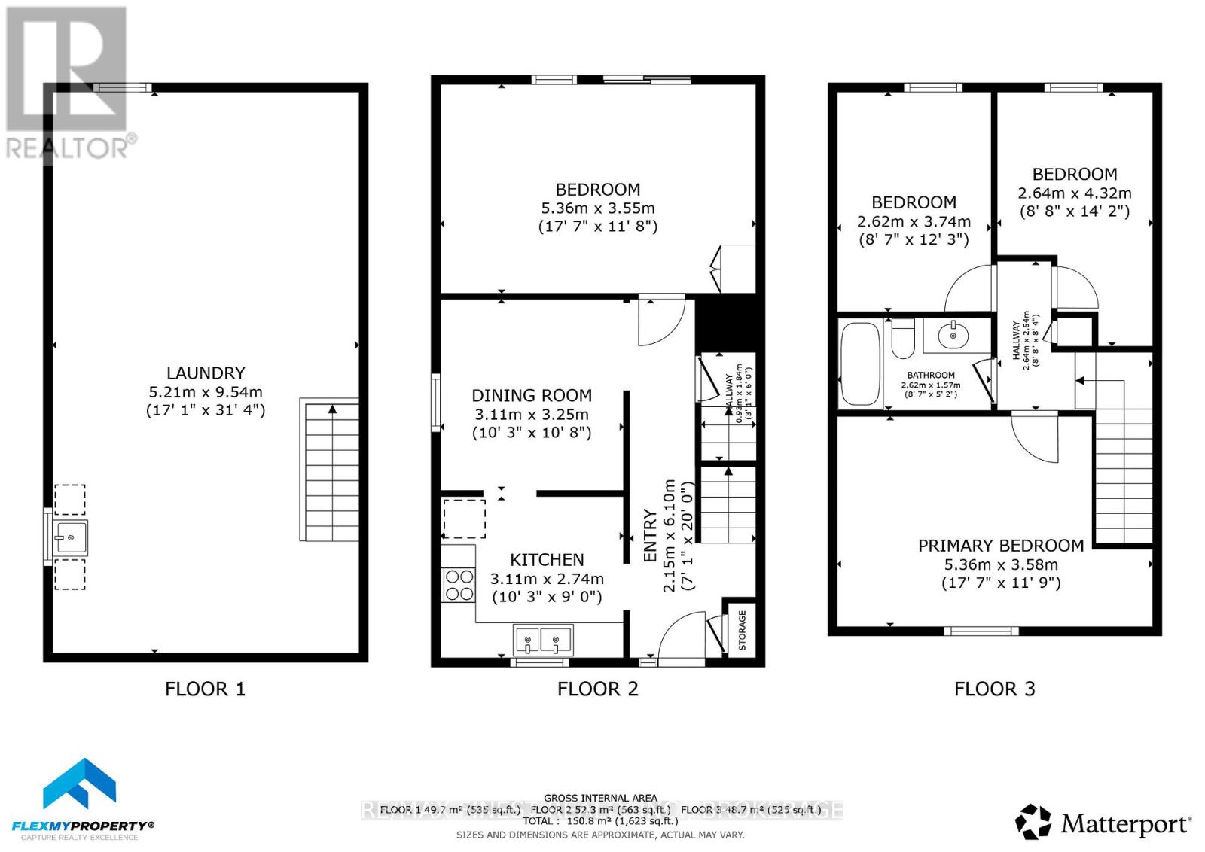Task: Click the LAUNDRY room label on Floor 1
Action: [x=206, y=373]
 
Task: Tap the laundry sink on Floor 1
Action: [x=70, y=537]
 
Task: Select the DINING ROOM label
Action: [x=532, y=396]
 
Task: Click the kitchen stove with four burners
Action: [x=459, y=585]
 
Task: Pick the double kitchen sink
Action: [x=542, y=641]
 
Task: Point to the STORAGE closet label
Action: [x=742, y=631]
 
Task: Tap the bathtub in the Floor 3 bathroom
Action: [x=860, y=364]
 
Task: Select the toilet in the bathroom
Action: [x=902, y=339]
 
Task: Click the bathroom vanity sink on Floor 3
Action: [x=954, y=335]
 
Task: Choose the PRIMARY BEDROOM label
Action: [x=1001, y=546]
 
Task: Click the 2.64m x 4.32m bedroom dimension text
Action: [x=1075, y=193]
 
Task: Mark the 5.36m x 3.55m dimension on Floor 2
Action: [x=598, y=208]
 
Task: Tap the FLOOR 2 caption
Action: [x=598, y=689]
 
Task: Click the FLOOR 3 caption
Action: [x=994, y=689]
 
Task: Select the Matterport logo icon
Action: [x=1033, y=822]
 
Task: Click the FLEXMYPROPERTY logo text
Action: [x=84, y=826]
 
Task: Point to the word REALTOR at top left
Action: [x=68, y=148]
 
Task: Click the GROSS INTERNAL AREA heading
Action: [x=600, y=798]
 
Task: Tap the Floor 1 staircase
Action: [x=330, y=470]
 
